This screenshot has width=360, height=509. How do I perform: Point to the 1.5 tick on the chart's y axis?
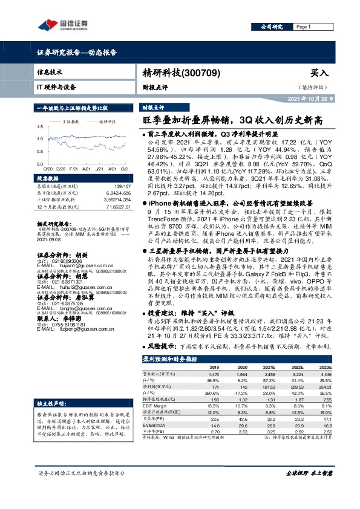pyautogui.click(x=39, y=127)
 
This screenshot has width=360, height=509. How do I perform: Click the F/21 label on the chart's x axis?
pyautogui.click(x=73, y=170)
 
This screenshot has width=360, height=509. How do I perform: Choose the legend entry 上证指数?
pyautogui.click(x=73, y=122)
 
